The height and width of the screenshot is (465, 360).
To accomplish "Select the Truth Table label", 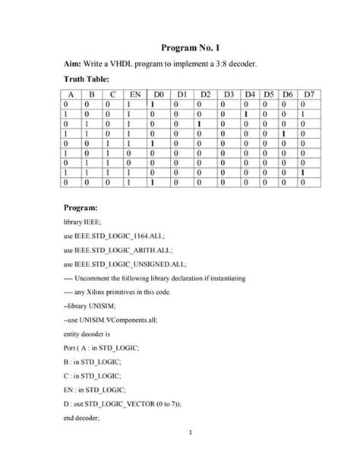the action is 87,79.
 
